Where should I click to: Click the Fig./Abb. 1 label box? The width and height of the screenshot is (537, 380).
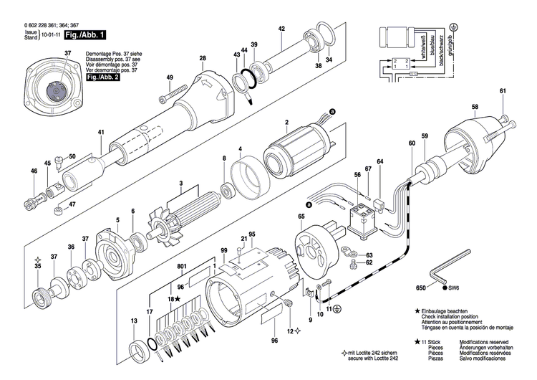pos(86,34)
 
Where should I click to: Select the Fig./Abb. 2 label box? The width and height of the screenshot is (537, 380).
pos(102,77)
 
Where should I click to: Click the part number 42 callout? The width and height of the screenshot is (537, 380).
pos(281,29)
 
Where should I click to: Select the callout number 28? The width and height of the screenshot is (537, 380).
pos(203,58)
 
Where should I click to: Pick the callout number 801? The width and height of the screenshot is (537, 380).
pos(183,267)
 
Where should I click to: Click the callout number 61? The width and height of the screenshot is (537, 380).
pos(503,90)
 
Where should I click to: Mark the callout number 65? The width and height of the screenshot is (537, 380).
pos(301,215)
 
